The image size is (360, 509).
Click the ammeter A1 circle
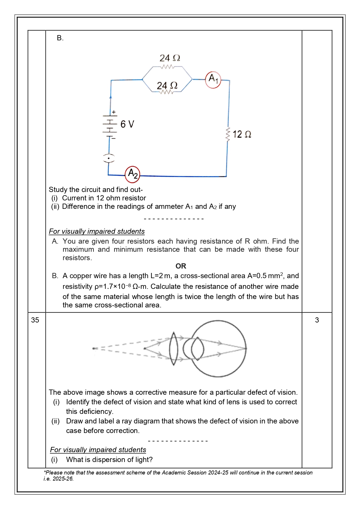pyautogui.click(x=213, y=80)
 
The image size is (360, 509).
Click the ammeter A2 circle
pyautogui.click(x=133, y=174)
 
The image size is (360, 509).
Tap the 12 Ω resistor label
pyautogui.click(x=242, y=134)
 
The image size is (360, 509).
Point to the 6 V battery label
pyautogui.click(x=127, y=124)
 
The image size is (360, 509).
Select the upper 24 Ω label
pyautogui.click(x=170, y=58)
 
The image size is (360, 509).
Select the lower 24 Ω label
pyautogui.click(x=167, y=86)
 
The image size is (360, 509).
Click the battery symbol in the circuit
pyautogui.click(x=110, y=127)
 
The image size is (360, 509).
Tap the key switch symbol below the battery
pyautogui.click(x=109, y=158)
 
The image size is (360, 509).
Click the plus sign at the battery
pyautogui.click(x=114, y=112)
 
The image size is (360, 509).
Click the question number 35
pyautogui.click(x=35, y=320)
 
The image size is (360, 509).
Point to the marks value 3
pyautogui.click(x=317, y=320)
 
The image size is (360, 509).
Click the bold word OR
pyautogui.click(x=181, y=266)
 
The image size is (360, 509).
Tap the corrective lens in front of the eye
pyautogui.click(x=173, y=349)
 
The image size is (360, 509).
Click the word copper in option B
pyautogui.click(x=80, y=276)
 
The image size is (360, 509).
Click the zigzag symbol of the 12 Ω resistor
pyautogui.click(x=228, y=134)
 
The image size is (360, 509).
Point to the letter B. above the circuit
pyautogui.click(x=60, y=38)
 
